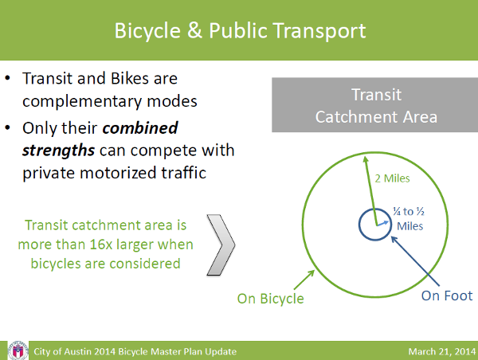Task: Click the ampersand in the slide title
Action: [x=194, y=30]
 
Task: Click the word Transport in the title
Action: [x=319, y=32]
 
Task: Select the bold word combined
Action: [x=140, y=128]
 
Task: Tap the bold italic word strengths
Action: [x=58, y=151]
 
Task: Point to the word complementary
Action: [x=82, y=102]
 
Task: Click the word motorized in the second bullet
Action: [x=118, y=173]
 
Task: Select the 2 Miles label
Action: [x=392, y=178]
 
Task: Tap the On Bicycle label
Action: [x=270, y=299]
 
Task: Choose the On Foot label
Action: [x=447, y=295]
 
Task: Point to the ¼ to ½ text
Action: [x=409, y=211]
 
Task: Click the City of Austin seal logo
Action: [x=18, y=351]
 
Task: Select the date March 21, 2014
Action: [x=442, y=351]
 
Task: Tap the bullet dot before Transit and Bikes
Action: [x=8, y=78]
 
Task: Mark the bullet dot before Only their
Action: [x=8, y=127]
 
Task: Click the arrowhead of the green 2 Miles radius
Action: [x=365, y=158]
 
